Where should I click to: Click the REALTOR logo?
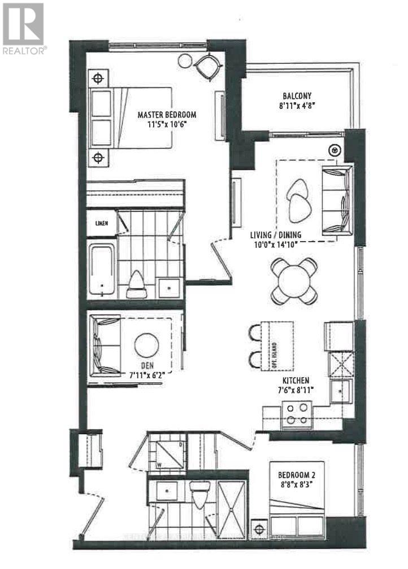point(23,28)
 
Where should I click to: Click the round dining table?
point(293,281)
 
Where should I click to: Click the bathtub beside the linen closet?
point(102,268)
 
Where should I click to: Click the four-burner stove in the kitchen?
point(297,413)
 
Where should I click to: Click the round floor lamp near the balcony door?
point(335,151)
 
